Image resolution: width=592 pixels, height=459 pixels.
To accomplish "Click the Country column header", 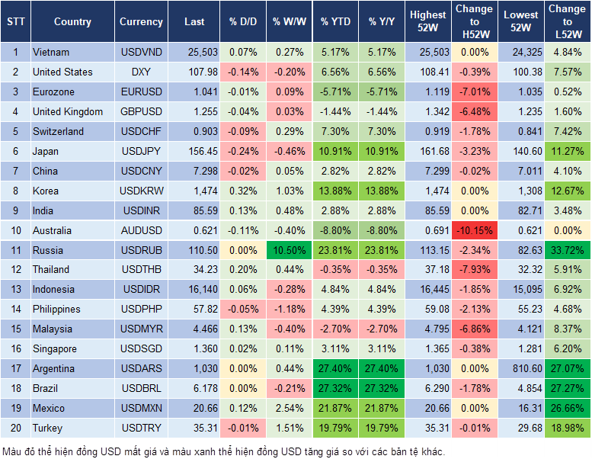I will (x=72, y=22).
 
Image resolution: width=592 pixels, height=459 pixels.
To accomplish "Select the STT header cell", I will (x=15, y=22).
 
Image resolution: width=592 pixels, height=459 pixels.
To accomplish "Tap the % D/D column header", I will (x=243, y=22).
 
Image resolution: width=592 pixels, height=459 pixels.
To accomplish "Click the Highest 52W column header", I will (x=428, y=22).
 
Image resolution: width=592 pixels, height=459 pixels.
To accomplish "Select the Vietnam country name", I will (x=51, y=53).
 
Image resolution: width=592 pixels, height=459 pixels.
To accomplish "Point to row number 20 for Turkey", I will (x=15, y=429).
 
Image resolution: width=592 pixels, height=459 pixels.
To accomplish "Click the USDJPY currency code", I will (x=140, y=151).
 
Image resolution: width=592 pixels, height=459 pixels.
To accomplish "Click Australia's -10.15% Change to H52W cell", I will (x=474, y=230).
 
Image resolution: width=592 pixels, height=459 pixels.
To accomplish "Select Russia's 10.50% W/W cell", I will (x=289, y=250).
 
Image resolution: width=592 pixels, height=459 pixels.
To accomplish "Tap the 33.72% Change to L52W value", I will (x=567, y=250).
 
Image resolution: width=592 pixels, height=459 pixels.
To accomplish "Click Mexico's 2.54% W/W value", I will (x=289, y=409).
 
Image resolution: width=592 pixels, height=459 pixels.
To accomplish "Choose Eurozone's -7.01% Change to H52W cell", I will (x=474, y=92).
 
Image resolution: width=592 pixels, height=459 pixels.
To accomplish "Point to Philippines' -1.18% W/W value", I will (x=289, y=310).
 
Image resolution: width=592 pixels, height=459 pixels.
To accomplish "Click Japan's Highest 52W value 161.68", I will (x=428, y=151).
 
